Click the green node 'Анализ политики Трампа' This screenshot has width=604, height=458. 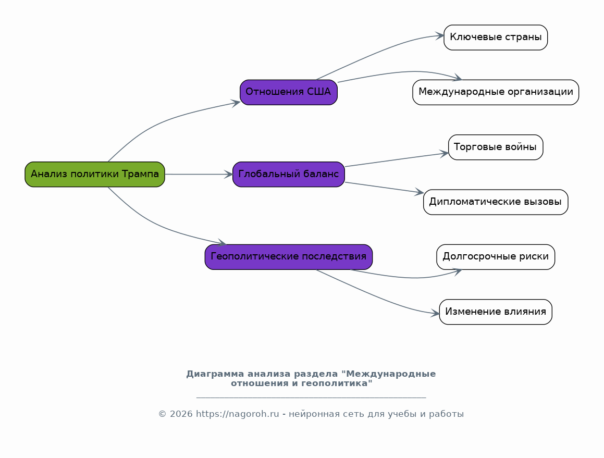tap(95, 175)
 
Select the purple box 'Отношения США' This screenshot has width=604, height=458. tap(289, 92)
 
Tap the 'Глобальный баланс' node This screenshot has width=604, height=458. tap(289, 175)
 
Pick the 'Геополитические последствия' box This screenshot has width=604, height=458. tap(289, 257)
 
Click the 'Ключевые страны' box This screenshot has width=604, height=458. tap(496, 38)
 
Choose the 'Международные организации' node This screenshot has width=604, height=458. tap(496, 92)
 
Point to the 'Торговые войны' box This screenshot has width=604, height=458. tap(496, 147)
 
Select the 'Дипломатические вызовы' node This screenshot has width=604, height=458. tap(496, 202)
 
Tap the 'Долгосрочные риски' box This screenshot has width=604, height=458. tap(496, 257)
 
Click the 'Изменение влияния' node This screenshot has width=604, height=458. tap(496, 312)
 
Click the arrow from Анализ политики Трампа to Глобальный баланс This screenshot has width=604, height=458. tap(199, 175)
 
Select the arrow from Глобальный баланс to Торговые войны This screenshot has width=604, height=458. tap(397, 160)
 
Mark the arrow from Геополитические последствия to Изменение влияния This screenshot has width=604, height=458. tap(377, 296)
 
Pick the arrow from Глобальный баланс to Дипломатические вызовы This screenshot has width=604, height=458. tap(385, 188)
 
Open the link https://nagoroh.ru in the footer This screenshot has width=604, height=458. tap(237, 414)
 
